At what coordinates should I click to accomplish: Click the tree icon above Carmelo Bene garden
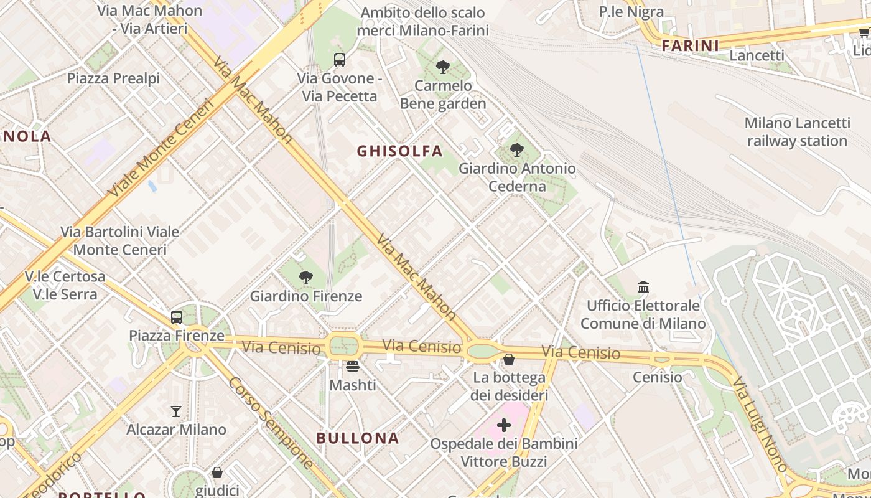point(443,67)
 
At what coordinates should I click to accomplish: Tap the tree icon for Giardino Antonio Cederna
point(516,150)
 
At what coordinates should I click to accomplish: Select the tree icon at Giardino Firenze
point(305,278)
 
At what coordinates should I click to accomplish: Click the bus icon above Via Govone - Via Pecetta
point(339,60)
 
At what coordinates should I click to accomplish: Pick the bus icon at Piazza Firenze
point(177,317)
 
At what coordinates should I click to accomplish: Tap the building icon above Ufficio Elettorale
point(643,287)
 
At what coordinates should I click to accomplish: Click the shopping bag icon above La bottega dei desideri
point(509,359)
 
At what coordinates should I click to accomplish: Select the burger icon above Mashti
point(353,367)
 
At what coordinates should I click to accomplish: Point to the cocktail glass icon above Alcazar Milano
point(176,411)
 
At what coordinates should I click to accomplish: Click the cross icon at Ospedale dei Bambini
point(504,425)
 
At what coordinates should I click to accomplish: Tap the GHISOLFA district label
point(400,151)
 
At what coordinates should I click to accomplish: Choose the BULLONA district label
point(358,438)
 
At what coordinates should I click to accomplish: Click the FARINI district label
point(690,45)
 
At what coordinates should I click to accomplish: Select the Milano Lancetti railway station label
point(797,132)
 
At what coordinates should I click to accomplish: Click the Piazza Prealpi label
point(113,78)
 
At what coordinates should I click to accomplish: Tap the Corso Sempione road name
point(270,422)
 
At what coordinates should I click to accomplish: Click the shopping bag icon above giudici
point(217,472)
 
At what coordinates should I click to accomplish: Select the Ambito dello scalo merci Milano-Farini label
point(422,21)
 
